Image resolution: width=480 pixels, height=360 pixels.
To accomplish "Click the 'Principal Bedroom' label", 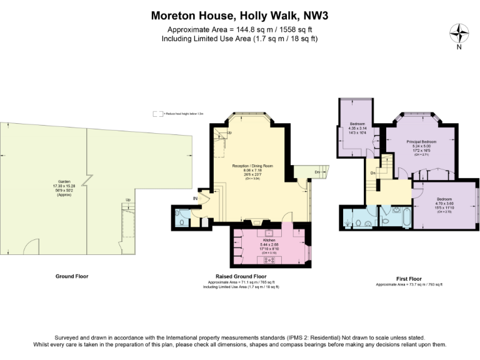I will [x=421, y=142].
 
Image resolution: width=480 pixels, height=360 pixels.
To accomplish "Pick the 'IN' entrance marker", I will [x=195, y=199].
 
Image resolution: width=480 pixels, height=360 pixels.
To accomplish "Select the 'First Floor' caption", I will [x=409, y=279].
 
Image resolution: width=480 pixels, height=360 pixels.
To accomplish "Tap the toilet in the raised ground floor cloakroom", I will [x=181, y=221].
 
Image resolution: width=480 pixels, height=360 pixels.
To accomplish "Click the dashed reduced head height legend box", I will [x=157, y=114].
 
